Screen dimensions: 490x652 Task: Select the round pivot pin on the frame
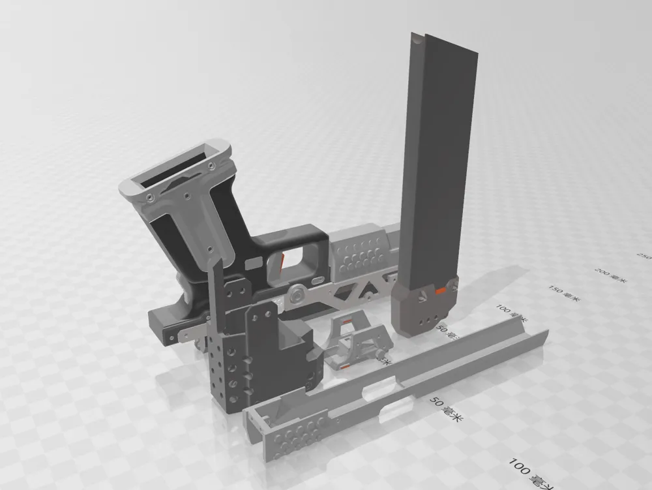[x=297, y=294]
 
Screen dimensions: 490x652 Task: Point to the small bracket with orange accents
[x=355, y=342]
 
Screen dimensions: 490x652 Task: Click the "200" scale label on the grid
[x=610, y=275]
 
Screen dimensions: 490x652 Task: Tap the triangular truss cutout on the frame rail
[x=355, y=291]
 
